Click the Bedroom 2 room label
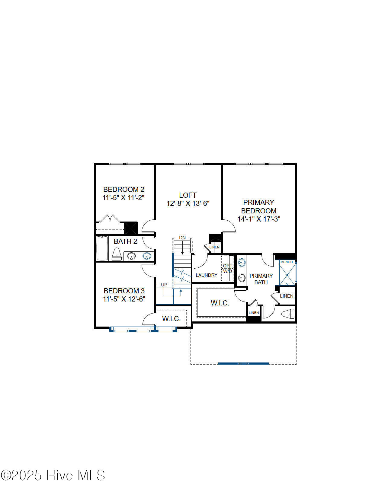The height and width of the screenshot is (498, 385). click(124, 190)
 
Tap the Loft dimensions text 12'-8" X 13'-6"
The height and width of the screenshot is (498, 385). click(188, 203)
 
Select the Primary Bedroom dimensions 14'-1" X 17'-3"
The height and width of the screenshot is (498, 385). click(259, 219)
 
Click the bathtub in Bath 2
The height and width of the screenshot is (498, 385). click(102, 248)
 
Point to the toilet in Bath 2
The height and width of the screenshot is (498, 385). click(117, 254)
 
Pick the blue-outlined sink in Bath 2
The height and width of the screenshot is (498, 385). click(147, 256)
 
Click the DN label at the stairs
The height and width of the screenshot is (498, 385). click(182, 238)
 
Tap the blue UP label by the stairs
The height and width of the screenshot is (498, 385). click(164, 285)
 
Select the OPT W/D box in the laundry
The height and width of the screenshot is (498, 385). click(227, 268)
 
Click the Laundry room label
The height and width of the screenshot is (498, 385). click(206, 275)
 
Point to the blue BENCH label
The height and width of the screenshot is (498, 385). click(287, 262)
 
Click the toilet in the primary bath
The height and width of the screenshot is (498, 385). click(287, 314)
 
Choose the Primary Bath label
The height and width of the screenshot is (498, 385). click(261, 279)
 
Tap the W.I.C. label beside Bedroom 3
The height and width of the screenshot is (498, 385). click(171, 318)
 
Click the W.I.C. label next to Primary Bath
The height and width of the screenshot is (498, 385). click(220, 303)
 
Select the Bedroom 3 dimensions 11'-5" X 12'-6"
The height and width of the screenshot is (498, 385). click(124, 299)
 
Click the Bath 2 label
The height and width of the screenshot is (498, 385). click(125, 241)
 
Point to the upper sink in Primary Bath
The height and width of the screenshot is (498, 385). click(242, 262)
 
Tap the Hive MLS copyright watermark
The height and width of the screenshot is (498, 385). click(53, 475)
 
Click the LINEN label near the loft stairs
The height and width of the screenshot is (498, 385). click(214, 247)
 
